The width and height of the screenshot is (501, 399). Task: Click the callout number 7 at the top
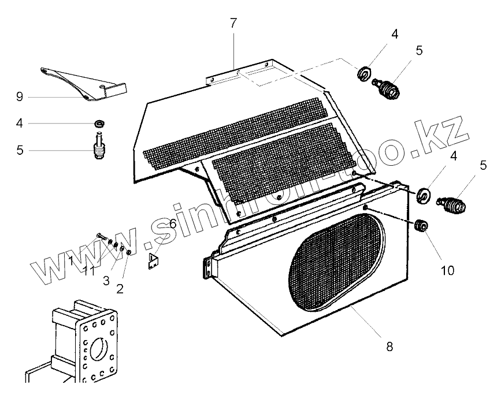tap(233, 24)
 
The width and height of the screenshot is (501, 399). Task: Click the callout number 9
tap(20, 96)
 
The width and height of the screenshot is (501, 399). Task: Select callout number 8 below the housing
tap(389, 346)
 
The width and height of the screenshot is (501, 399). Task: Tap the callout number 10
tap(447, 270)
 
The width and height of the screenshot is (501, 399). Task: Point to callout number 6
tap(172, 223)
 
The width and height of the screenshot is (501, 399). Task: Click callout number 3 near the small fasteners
tap(106, 281)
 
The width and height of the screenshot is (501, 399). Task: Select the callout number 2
tap(120, 289)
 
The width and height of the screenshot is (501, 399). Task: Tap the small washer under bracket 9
tap(101, 123)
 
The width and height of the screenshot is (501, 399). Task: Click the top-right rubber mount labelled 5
tap(388, 88)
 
